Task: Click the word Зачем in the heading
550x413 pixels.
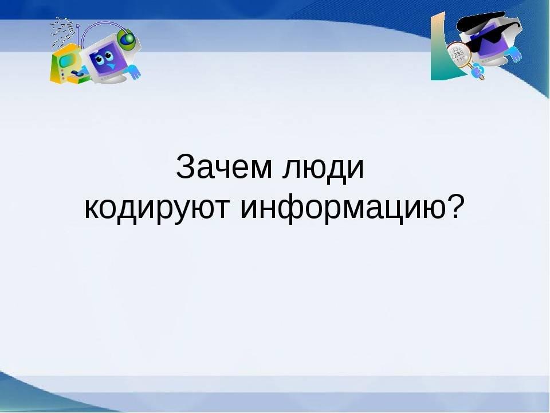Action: tap(224, 167)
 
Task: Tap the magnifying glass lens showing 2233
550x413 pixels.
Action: tap(459, 54)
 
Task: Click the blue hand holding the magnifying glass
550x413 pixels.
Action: tap(478, 72)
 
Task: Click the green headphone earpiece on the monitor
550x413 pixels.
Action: tap(125, 38)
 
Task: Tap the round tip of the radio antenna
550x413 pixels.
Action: tap(77, 26)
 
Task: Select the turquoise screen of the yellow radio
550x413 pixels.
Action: tap(66, 60)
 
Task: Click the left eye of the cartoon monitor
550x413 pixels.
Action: tap(99, 59)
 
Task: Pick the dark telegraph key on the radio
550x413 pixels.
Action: tap(78, 72)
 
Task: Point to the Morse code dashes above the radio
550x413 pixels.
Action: tap(62, 32)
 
